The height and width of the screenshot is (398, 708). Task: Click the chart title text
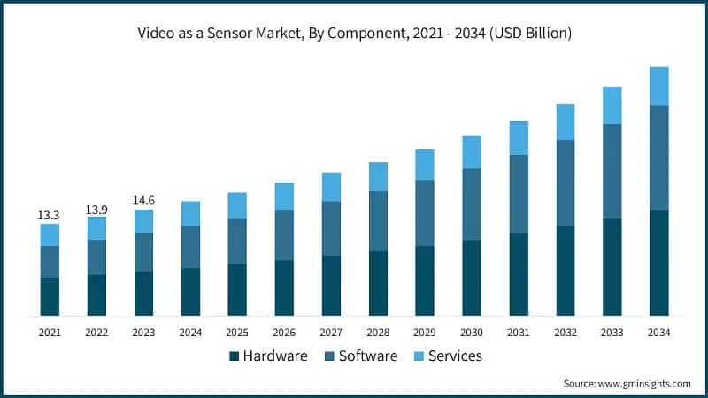pyautogui.click(x=354, y=34)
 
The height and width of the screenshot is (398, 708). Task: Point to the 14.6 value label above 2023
pyautogui.click(x=143, y=200)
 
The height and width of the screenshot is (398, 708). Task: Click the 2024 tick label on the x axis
pyautogui.click(x=190, y=333)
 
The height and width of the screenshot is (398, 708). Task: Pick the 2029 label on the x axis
pyautogui.click(x=425, y=333)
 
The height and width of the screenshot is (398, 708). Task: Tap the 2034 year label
pyautogui.click(x=658, y=333)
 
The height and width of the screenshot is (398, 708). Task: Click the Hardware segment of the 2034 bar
pyautogui.click(x=658, y=263)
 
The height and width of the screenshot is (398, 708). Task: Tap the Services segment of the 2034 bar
pyautogui.click(x=658, y=86)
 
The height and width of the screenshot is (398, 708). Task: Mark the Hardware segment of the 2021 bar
pyautogui.click(x=50, y=296)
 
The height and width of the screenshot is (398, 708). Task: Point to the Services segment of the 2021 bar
pyautogui.click(x=50, y=234)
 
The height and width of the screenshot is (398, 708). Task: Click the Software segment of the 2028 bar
pyautogui.click(x=378, y=221)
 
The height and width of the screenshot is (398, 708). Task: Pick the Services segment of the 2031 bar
pyautogui.click(x=519, y=138)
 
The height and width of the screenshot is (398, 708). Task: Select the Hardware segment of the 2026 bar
pyautogui.click(x=284, y=287)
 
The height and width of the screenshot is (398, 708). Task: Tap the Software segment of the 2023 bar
pyautogui.click(x=143, y=252)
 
